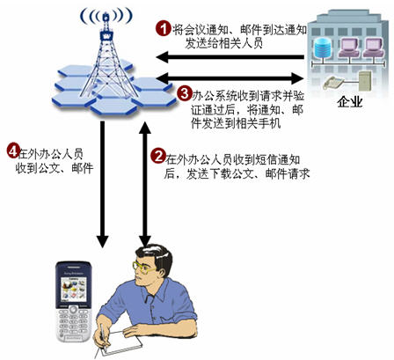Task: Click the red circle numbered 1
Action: (163, 28)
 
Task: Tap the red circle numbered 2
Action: (158, 156)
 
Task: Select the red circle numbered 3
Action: (185, 94)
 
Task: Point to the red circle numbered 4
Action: (13, 151)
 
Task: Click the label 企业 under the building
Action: (350, 102)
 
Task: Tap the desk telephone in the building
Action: (333, 83)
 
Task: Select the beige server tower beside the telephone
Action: (365, 81)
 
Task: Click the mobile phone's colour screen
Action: (74, 290)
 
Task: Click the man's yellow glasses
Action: (143, 268)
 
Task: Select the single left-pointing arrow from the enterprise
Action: (230, 57)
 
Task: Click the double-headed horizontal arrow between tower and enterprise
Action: (230, 78)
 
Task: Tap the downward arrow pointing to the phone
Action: (103, 184)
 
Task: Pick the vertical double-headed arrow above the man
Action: (145, 184)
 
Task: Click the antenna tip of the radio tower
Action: (106, 14)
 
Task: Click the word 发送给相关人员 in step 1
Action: (224, 43)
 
